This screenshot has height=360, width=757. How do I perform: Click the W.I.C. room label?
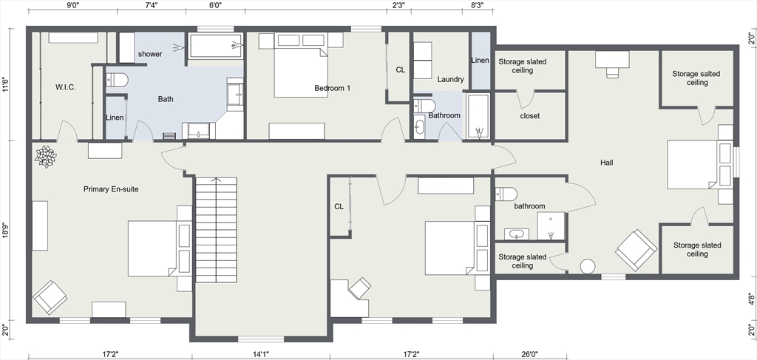66,88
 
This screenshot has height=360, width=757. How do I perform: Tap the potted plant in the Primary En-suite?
45,157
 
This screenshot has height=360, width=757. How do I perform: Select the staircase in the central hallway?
217,230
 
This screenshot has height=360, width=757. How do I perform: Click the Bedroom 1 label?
332,88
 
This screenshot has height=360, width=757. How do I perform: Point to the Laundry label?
450,79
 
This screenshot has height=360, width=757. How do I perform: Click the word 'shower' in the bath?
150,54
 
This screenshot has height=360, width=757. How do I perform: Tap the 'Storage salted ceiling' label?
696,78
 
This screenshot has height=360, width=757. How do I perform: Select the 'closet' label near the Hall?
529,116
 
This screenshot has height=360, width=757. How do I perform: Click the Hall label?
607,163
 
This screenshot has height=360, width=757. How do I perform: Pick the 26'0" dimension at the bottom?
529,354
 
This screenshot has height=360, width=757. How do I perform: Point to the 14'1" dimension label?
261,354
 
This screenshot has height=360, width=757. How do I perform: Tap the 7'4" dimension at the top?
152,5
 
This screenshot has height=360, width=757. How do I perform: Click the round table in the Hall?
588,266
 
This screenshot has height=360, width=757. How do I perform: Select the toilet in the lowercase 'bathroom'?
506,194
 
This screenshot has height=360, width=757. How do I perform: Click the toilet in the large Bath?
116,80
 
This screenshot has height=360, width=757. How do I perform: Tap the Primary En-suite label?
111,189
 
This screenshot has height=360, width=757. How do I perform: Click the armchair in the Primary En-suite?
50,297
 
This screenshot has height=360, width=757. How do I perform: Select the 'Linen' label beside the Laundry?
480,61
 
